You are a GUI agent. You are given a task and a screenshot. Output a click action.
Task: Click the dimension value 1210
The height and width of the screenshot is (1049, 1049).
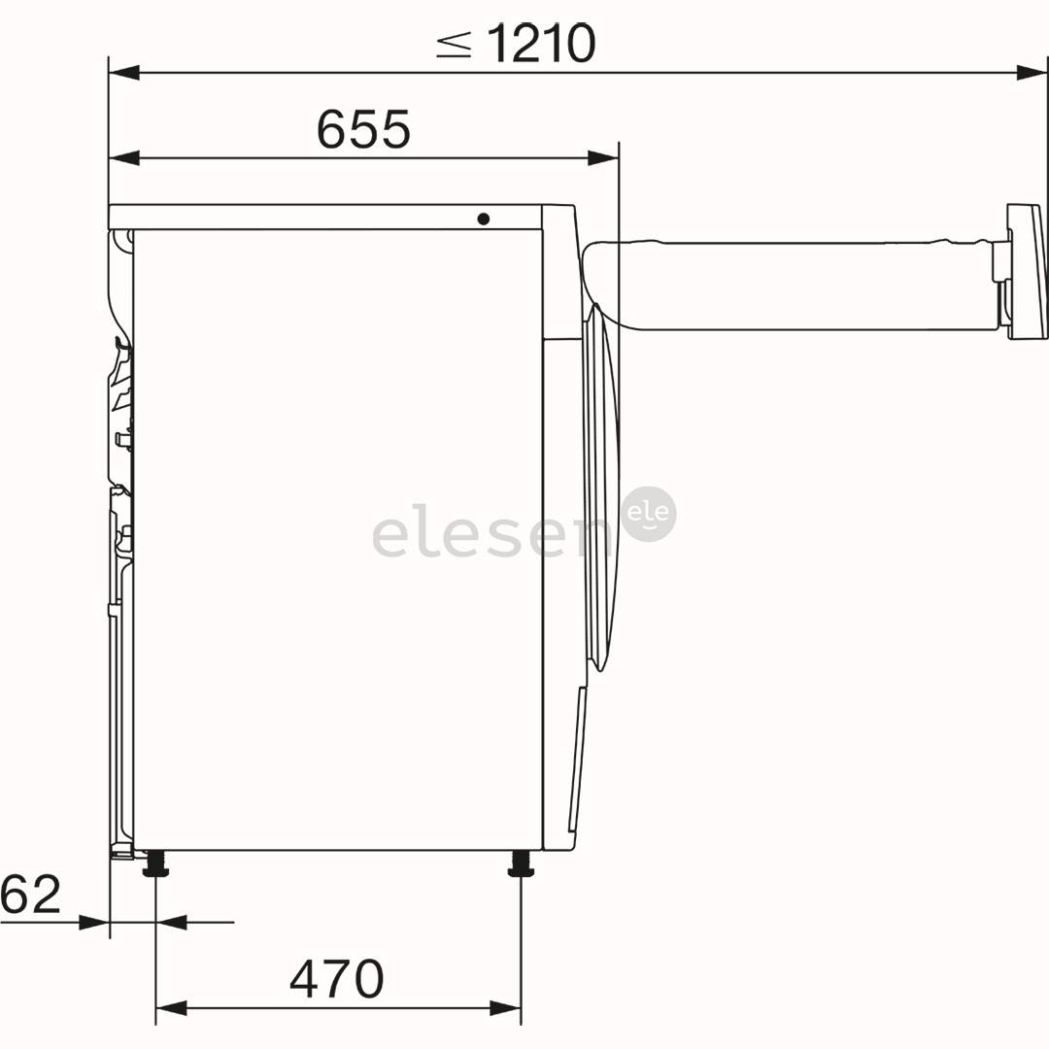pyautogui.click(x=541, y=44)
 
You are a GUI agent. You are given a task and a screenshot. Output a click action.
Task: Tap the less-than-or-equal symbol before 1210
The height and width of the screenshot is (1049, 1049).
pyautogui.click(x=454, y=45)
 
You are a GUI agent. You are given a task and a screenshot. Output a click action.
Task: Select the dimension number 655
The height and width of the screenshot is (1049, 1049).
pyautogui.click(x=363, y=129)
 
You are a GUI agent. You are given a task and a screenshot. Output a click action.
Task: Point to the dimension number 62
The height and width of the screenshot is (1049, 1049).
pyautogui.click(x=30, y=895)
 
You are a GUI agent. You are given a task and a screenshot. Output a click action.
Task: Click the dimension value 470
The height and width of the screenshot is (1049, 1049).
pyautogui.click(x=337, y=979)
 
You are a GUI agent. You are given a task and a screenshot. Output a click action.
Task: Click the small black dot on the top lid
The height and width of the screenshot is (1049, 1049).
pyautogui.click(x=483, y=219)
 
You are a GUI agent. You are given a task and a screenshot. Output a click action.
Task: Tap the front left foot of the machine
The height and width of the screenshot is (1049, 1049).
pyautogui.click(x=153, y=864)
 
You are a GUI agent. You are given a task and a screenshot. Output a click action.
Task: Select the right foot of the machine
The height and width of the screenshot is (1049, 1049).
pyautogui.click(x=521, y=864)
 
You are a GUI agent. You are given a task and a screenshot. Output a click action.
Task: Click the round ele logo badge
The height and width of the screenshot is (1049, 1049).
pyautogui.click(x=650, y=514)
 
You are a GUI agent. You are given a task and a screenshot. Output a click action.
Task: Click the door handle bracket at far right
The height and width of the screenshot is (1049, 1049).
pyautogui.click(x=1025, y=271)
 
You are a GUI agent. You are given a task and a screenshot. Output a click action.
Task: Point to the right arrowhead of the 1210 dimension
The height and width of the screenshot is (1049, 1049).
pyautogui.click(x=1032, y=72)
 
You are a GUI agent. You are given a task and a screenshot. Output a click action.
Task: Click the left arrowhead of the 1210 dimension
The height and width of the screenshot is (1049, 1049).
pyautogui.click(x=123, y=72)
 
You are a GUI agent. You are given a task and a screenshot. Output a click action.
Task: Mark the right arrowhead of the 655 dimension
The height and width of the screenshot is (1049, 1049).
pyautogui.click(x=603, y=158)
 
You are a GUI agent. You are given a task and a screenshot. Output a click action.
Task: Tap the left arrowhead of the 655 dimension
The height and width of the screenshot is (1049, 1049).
pyautogui.click(x=123, y=158)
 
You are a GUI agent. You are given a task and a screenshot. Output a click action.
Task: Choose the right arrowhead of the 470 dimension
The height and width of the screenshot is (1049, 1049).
pyautogui.click(x=506, y=1008)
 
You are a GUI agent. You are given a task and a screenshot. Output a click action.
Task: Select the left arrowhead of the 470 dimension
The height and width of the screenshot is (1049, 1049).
pyautogui.click(x=171, y=1008)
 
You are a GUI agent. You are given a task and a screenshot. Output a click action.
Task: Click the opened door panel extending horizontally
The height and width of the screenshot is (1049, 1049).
pyautogui.click(x=796, y=287)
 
